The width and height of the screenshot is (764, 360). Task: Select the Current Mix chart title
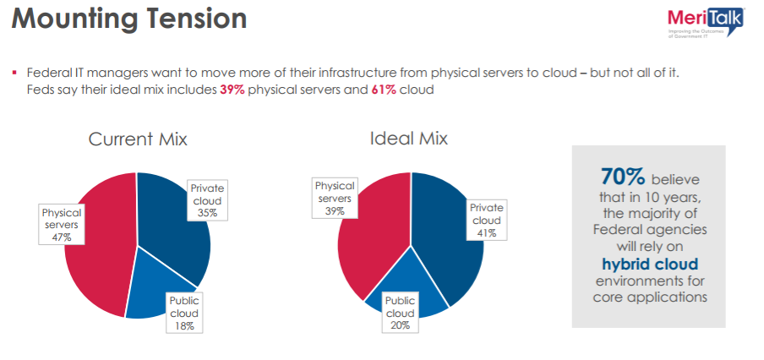click(x=138, y=139)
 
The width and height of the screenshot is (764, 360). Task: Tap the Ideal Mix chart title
click(x=409, y=138)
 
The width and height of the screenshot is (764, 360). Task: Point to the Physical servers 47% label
click(x=62, y=225)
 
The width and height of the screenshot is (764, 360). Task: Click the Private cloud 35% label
click(x=207, y=201)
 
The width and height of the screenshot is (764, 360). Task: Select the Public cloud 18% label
click(x=184, y=314)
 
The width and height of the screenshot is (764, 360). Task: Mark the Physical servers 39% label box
click(x=334, y=198)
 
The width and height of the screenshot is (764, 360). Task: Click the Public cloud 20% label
click(x=400, y=314)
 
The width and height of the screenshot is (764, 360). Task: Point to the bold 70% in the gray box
click(x=623, y=177)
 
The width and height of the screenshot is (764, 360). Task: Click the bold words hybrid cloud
click(x=648, y=264)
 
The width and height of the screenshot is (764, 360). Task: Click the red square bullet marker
click(x=15, y=74)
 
